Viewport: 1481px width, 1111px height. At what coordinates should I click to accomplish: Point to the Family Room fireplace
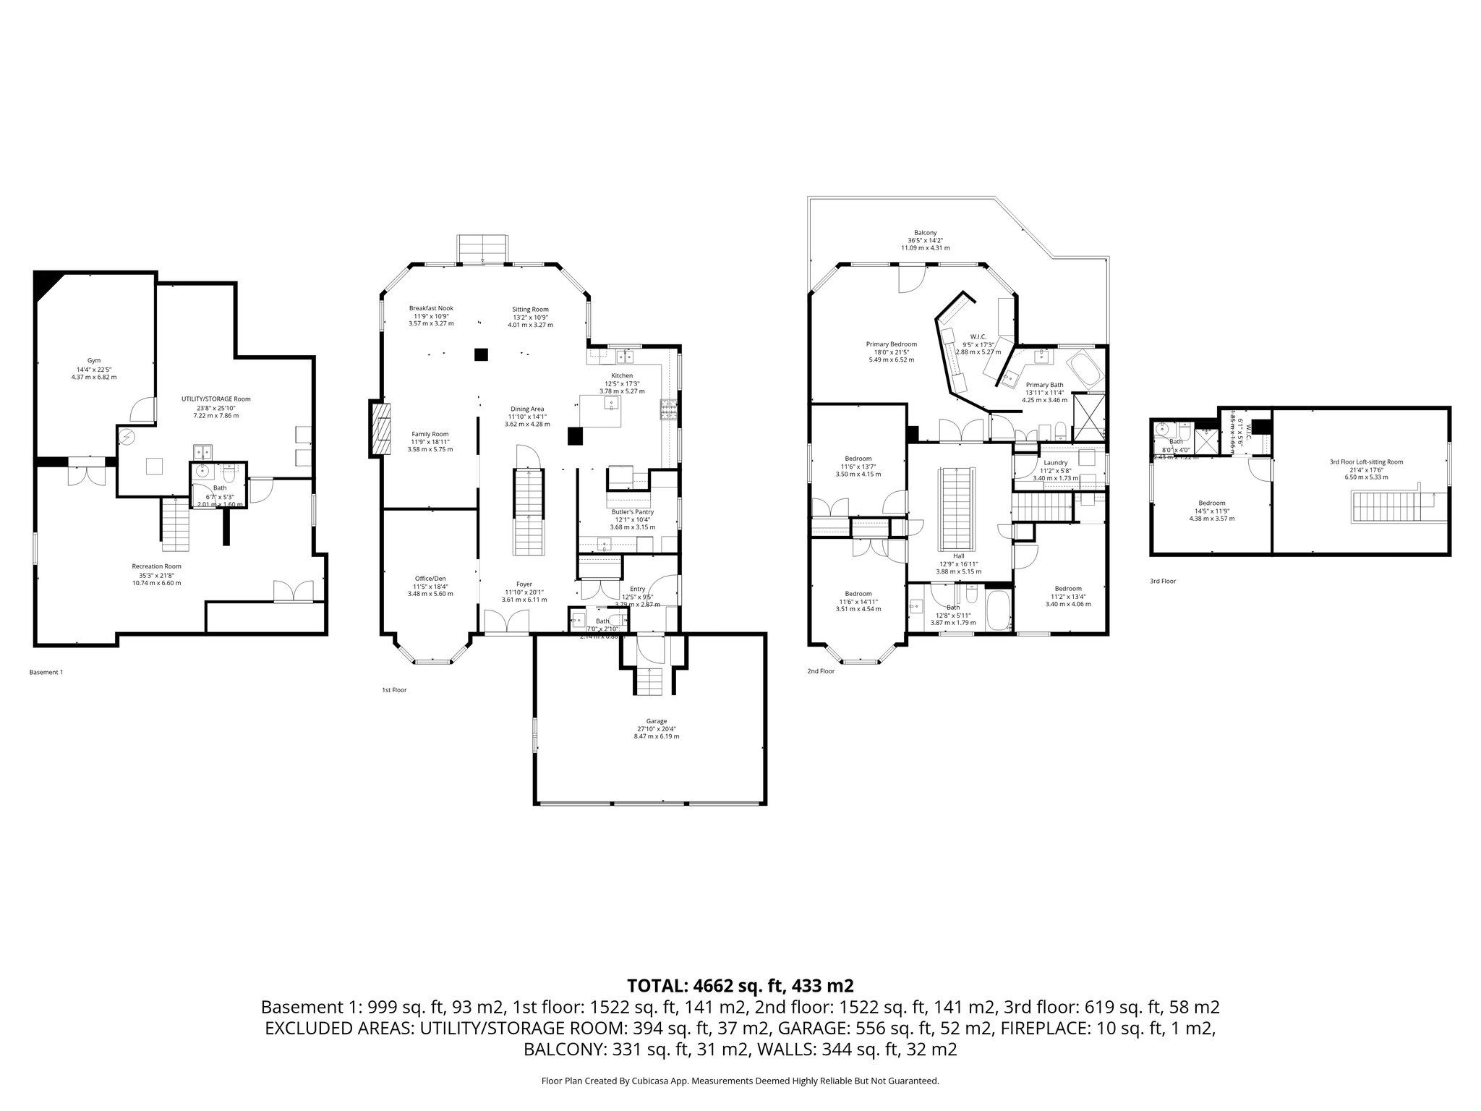[x=380, y=430]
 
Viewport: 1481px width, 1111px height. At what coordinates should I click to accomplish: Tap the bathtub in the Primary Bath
[x=1085, y=369]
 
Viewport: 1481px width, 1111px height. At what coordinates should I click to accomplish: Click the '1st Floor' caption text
[x=394, y=690]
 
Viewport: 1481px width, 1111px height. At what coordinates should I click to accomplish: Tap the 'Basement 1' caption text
[x=46, y=672]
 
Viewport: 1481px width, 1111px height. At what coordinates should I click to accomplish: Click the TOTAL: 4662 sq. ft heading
[x=740, y=985]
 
